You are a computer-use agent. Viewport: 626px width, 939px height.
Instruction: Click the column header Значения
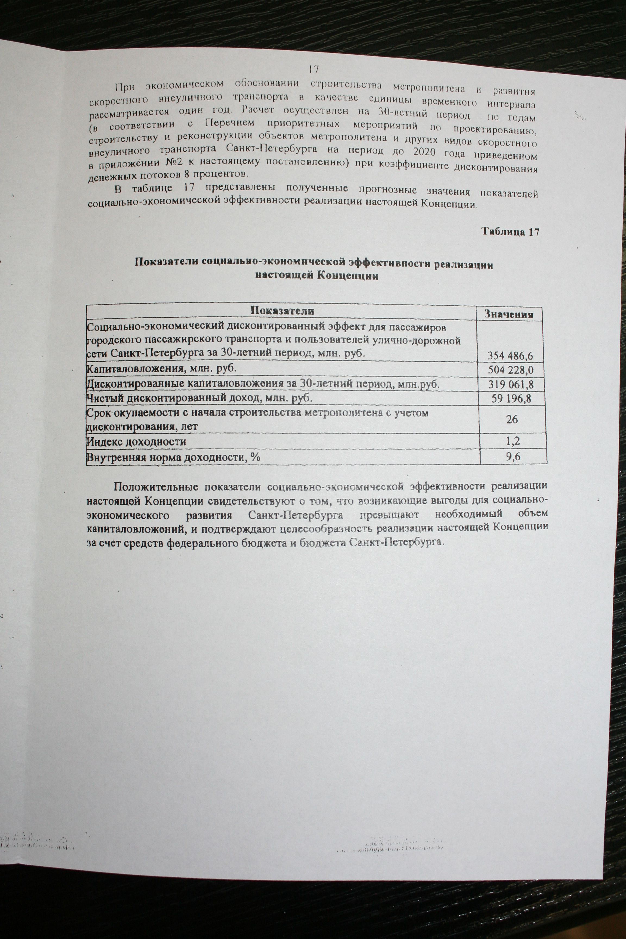click(x=509, y=314)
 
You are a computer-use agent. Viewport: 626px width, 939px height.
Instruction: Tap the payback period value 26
click(x=512, y=419)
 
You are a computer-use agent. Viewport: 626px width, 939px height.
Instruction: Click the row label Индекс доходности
click(x=136, y=442)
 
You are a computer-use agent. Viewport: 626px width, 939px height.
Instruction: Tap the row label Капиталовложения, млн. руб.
click(x=162, y=368)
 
